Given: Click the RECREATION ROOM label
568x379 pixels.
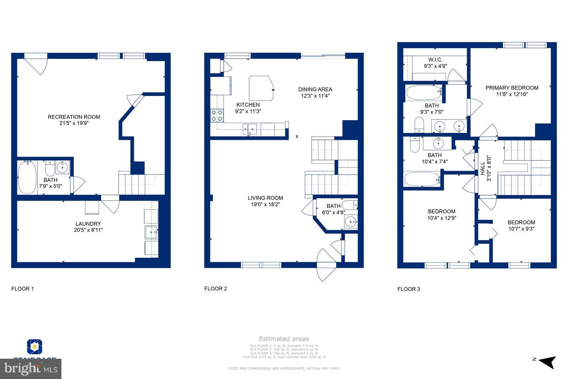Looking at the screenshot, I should (74, 117).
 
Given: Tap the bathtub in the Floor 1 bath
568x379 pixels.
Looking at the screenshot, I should (27, 177).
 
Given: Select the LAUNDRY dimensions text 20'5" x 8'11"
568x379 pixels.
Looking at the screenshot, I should (88, 230).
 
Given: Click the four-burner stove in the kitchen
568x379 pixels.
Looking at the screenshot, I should (217, 115).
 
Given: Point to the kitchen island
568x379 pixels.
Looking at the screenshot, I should (261, 88).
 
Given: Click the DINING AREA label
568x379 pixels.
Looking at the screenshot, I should (315, 89).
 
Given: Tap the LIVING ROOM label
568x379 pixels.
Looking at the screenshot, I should (265, 198).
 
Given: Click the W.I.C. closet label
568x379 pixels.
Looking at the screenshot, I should (435, 60).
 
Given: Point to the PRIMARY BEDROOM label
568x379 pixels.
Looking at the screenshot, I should (512, 88).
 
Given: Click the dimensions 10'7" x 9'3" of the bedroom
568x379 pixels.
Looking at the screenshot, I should (521, 229).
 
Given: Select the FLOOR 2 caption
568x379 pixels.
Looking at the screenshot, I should (215, 288).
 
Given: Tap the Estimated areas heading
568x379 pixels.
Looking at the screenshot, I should (284, 339).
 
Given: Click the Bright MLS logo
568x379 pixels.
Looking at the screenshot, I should (31, 369).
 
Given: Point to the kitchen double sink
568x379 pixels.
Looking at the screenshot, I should (250, 128).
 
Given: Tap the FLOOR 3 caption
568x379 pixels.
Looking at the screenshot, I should (409, 289).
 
